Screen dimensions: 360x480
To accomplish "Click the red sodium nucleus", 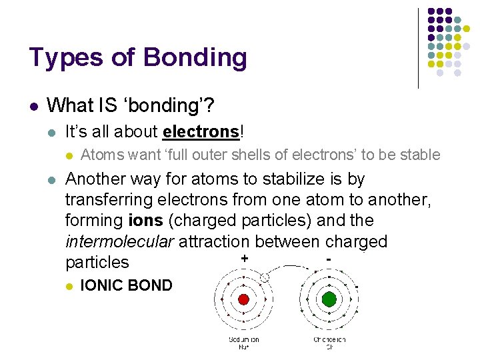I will (x=243, y=299).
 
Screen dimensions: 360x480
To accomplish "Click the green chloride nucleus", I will (x=329, y=299).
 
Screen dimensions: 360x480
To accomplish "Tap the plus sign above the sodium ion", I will (x=245, y=258).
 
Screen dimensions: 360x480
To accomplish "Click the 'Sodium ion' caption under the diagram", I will (x=243, y=343).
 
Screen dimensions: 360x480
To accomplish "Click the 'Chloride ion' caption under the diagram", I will (x=329, y=343).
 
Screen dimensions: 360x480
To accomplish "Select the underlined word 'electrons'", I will (x=200, y=131).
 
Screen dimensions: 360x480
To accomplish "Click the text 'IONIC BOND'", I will (x=126, y=286).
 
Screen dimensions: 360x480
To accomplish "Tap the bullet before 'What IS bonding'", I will (x=33, y=105).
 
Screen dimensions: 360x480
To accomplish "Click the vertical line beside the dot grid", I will (x=418, y=47).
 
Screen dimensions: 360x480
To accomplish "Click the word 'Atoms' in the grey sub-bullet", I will (x=102, y=155).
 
